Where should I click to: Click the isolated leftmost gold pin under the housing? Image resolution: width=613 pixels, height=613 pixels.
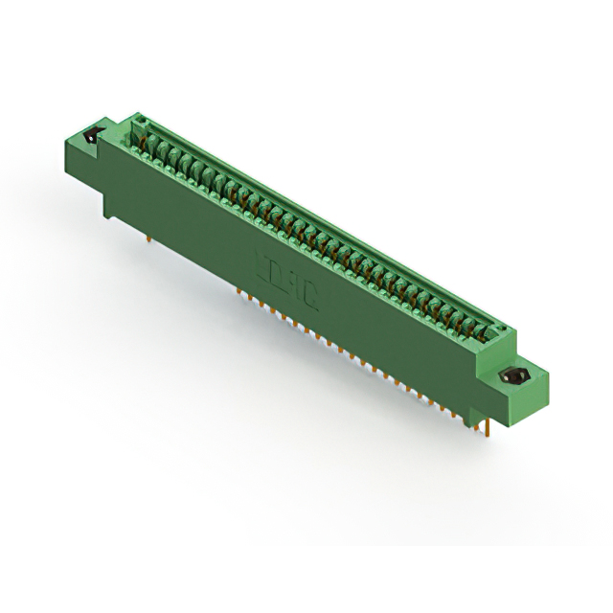click(x=150, y=232)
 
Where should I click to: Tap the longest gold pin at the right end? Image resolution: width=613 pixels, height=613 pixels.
click(x=490, y=428)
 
